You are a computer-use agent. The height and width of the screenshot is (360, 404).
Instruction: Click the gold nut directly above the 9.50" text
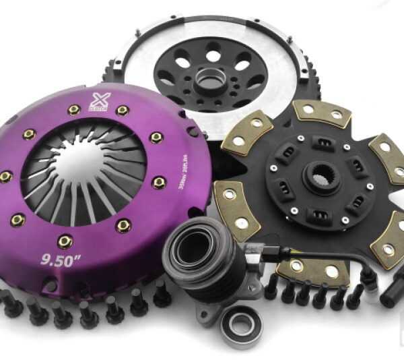click(x=66, y=241)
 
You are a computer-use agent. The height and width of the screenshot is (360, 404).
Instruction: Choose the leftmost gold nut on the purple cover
click(x=5, y=177)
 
